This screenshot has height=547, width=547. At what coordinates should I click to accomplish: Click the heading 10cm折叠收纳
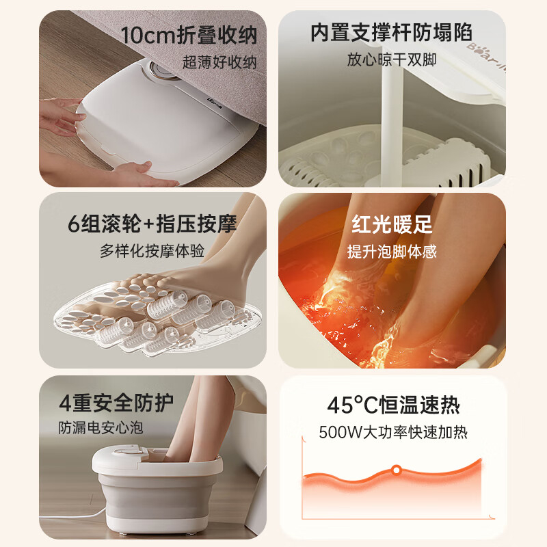(x=189, y=36)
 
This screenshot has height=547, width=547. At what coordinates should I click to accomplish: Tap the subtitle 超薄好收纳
(x=219, y=62)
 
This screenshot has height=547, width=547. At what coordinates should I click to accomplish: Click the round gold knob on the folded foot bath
(x=161, y=70)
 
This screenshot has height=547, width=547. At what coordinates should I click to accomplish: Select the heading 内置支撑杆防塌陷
(x=391, y=33)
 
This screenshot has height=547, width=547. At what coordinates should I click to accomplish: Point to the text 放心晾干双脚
(x=391, y=59)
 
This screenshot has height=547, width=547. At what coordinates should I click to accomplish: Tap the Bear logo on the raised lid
(x=486, y=57)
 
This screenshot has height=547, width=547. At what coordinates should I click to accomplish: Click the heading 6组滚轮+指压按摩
(x=152, y=224)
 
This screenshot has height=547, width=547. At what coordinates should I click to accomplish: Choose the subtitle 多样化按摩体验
(x=152, y=251)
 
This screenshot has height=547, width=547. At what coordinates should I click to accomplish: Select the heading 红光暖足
(x=392, y=224)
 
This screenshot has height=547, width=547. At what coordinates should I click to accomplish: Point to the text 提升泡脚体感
(x=392, y=251)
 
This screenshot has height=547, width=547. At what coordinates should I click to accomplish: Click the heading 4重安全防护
(x=116, y=403)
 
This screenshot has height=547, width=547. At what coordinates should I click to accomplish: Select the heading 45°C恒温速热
(x=394, y=405)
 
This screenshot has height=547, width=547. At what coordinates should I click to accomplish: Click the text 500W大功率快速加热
(x=393, y=433)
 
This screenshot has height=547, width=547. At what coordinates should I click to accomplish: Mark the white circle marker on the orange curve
(x=396, y=470)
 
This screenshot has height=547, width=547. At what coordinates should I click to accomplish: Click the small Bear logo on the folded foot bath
(x=215, y=100)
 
